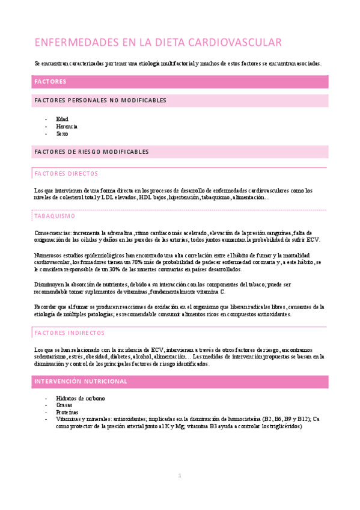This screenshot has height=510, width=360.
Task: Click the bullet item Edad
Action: point(62,119)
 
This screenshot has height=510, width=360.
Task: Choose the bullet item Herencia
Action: point(67,126)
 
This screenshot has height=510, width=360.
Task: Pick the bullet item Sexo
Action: point(63,134)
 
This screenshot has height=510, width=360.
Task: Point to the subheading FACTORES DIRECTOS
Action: point(66,173)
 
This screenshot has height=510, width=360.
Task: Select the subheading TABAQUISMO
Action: point(55,215)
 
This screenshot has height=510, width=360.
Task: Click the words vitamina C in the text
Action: point(211,292)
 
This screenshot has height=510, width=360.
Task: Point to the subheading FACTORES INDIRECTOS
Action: point(70,333)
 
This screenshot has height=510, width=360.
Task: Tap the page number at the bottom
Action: point(179,477)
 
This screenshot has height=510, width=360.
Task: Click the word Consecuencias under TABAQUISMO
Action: point(52,232)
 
